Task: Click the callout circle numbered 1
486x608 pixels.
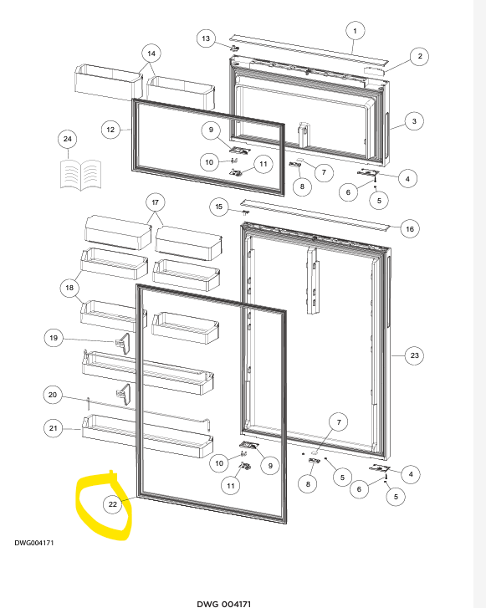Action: click(355, 31)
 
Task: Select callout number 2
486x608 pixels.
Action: click(420, 56)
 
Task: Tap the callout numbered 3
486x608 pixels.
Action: click(414, 121)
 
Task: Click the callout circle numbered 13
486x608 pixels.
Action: click(206, 38)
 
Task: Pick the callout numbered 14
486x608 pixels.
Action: click(151, 54)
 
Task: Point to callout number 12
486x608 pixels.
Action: click(110, 130)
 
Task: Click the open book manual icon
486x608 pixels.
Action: click(80, 176)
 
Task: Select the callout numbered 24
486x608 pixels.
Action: click(68, 139)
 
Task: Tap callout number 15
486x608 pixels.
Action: click(219, 207)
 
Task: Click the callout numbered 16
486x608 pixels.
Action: click(410, 229)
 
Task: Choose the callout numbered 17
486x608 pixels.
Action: click(155, 202)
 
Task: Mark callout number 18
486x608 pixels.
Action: click(69, 288)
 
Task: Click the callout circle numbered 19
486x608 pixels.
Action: click(54, 338)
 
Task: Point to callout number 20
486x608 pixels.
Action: click(53, 395)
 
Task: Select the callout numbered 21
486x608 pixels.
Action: click(54, 428)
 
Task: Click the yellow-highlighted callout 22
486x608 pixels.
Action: click(112, 504)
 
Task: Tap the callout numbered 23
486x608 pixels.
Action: click(415, 355)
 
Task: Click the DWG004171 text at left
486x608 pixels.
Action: click(34, 543)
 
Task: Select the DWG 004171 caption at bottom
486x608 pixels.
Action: click(224, 604)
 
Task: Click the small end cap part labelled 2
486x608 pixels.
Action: click(374, 71)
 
